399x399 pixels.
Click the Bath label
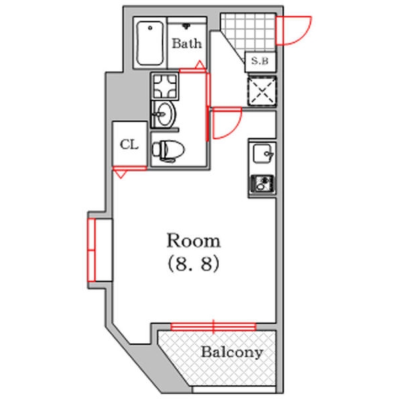click(x=187, y=43)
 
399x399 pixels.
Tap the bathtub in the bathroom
click(x=150, y=43)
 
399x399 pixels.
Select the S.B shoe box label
click(x=260, y=61)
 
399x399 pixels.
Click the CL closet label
click(x=129, y=144)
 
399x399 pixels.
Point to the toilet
click(x=168, y=151)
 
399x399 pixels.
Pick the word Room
click(x=194, y=241)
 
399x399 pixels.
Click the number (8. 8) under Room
click(x=194, y=263)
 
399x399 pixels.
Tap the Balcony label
click(x=232, y=352)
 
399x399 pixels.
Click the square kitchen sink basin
click(x=263, y=154)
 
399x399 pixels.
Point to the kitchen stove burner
click(x=262, y=184)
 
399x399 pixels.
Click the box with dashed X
click(x=262, y=91)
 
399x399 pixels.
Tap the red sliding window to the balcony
click(x=213, y=327)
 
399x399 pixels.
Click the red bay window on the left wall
click(x=92, y=250)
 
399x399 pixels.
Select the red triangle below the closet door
click(x=120, y=174)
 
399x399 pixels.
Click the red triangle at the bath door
click(x=200, y=65)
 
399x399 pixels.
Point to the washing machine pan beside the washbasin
click(x=165, y=86)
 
